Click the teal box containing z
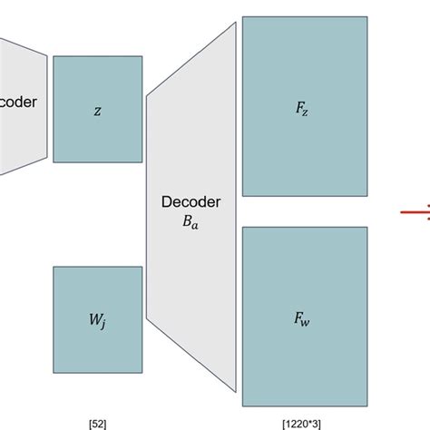pyautogui.click(x=97, y=109)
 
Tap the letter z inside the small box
pyautogui.click(x=97, y=110)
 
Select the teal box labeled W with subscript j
pyautogui.click(x=97, y=319)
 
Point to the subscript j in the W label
pyautogui.click(x=103, y=323)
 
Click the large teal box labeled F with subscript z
pyautogui.click(x=304, y=107)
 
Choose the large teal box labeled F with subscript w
pyautogui.click(x=304, y=316)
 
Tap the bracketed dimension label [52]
pyautogui.click(x=97, y=423)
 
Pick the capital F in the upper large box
pyautogui.click(x=299, y=108)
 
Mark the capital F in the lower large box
pyautogui.click(x=299, y=318)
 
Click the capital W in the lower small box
pyautogui.click(x=93, y=318)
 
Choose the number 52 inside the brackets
pyautogui.click(x=97, y=423)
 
